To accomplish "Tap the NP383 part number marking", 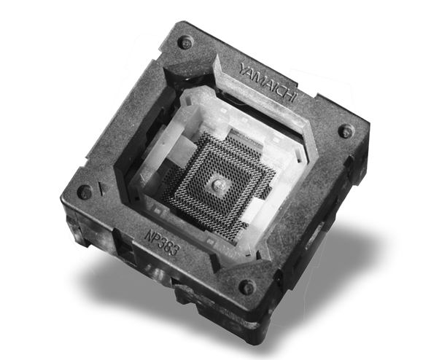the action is click(162, 243).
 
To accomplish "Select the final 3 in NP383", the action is click(176, 251).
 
